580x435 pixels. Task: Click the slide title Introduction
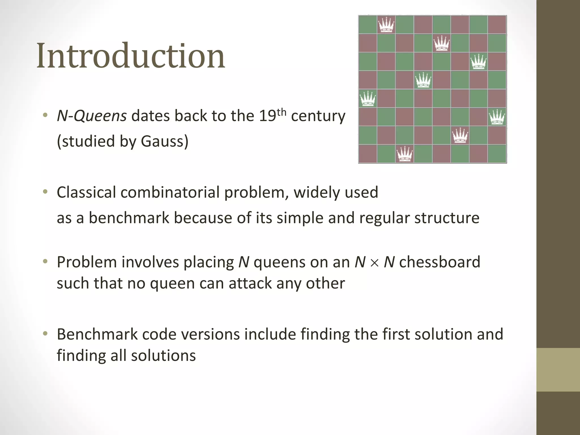point(131,56)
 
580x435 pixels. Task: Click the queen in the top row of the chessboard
point(386,25)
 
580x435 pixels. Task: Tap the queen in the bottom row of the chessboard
point(405,154)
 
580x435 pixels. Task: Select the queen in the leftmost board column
point(368,99)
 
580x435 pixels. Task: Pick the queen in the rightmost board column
point(497,117)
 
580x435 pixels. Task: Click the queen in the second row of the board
point(442,43)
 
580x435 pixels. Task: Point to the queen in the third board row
point(479,62)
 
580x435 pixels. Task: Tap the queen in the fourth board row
point(423,80)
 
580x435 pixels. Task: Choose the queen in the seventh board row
point(460,136)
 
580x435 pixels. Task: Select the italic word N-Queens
point(92,116)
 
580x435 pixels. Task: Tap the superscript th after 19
point(282,112)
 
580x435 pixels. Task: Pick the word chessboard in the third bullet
point(440,262)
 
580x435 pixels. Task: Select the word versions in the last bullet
point(211,334)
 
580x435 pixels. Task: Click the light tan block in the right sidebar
point(558,370)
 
